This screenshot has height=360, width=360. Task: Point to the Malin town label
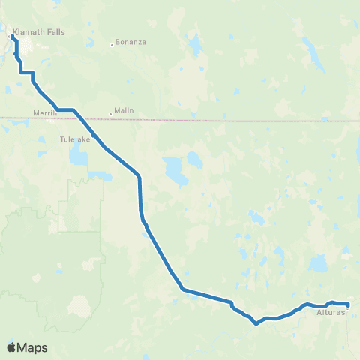(x=124, y=109)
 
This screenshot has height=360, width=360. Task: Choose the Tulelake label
(x=75, y=139)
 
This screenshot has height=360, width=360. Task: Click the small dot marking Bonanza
(x=112, y=43)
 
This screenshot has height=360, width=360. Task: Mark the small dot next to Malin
(x=111, y=115)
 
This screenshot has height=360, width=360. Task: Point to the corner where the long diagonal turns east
(x=182, y=289)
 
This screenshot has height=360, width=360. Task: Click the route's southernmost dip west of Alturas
(x=256, y=324)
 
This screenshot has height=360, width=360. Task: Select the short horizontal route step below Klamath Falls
(x=26, y=72)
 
